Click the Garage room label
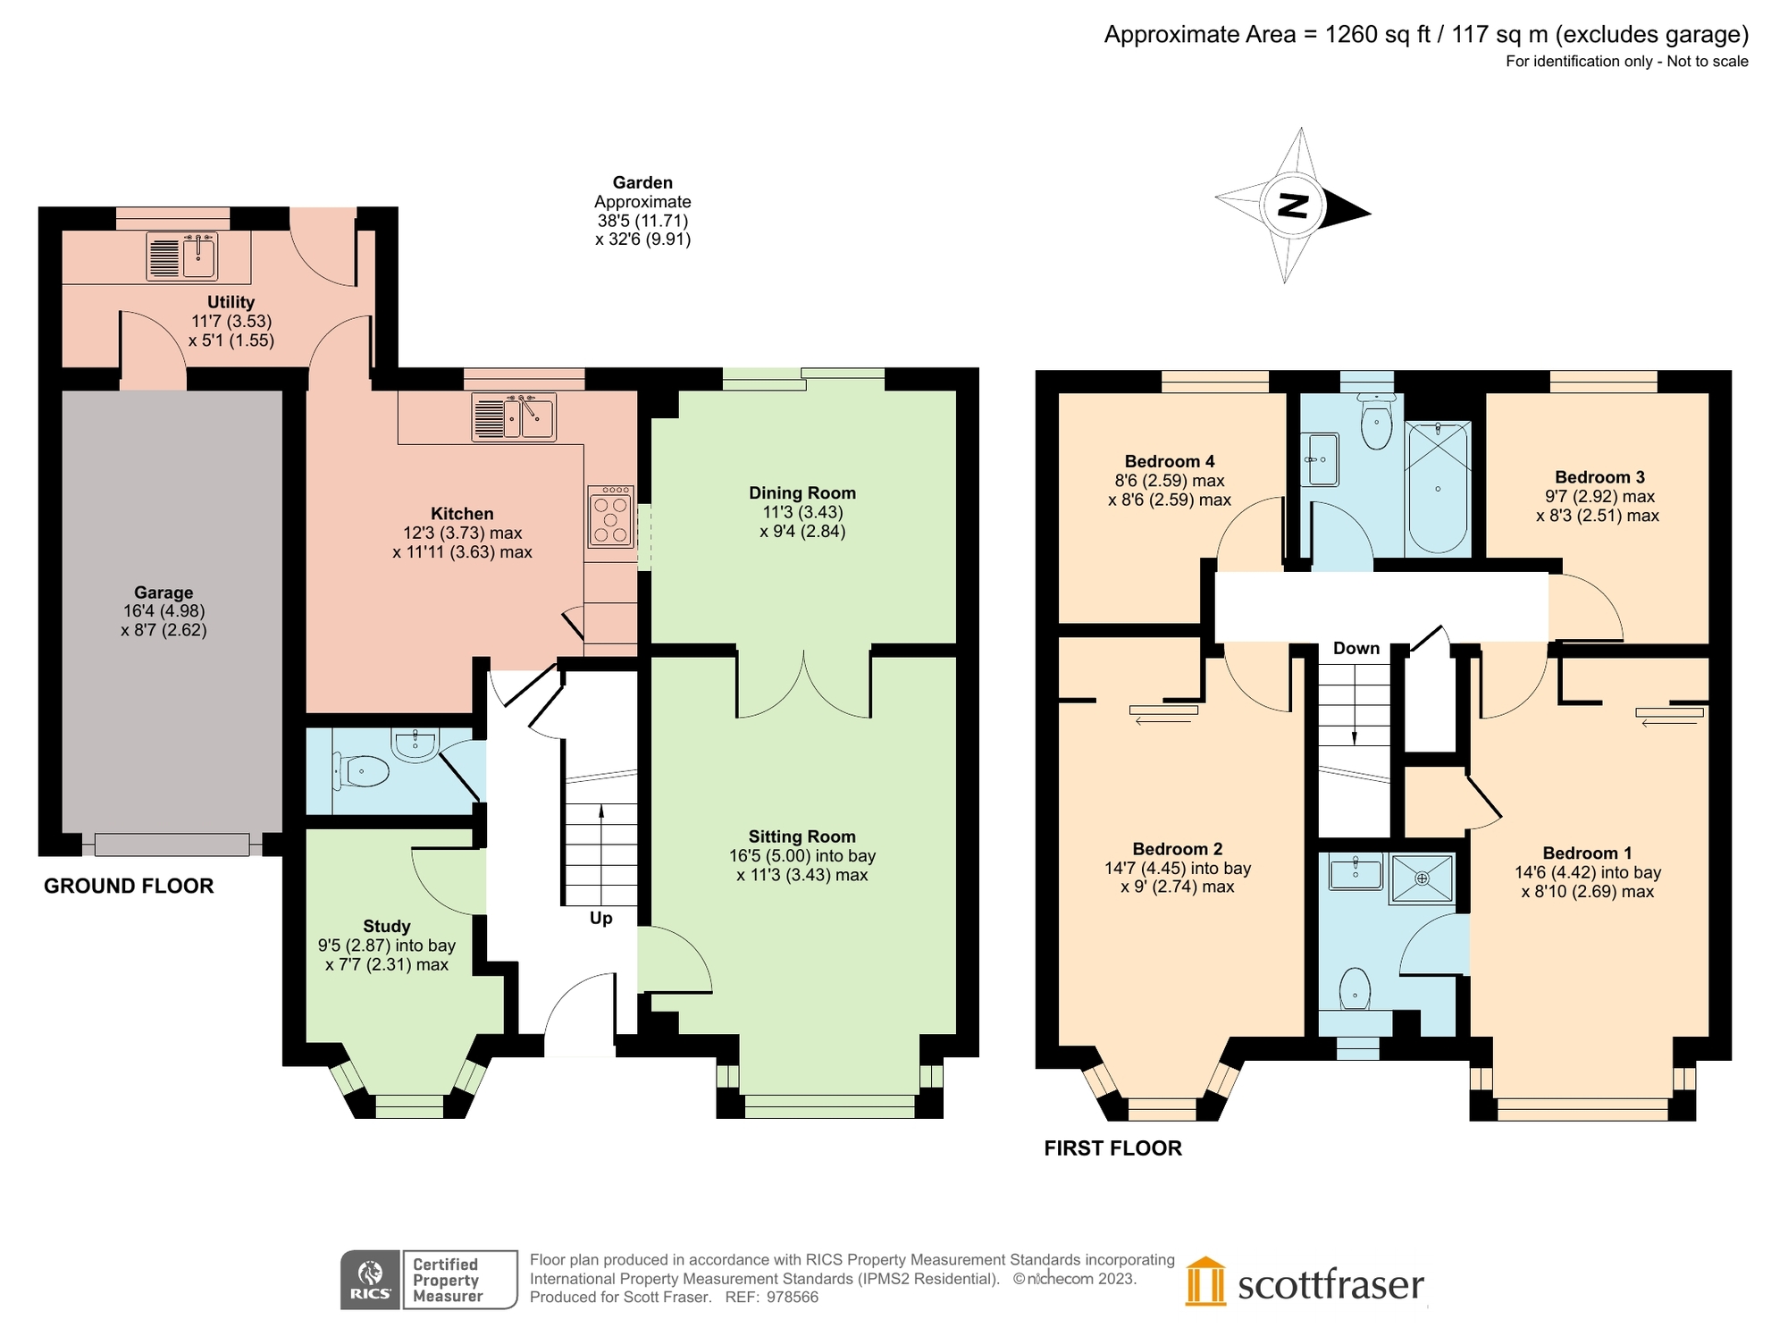coord(164,593)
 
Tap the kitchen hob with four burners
coord(610,517)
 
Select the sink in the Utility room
coord(182,256)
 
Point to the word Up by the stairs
coord(600,919)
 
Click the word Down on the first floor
coord(1356,649)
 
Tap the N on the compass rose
coord(1292,206)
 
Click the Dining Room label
coord(802,493)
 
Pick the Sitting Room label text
coord(802,836)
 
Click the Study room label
coord(386,927)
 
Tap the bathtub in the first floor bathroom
coord(1437,487)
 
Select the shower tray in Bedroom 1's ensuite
coord(1422,878)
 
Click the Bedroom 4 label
coord(1169,462)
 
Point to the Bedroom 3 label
coord(1599,478)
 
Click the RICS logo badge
coord(370,1280)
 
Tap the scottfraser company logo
coord(1305,1283)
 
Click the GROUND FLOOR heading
coord(129,887)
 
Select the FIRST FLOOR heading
coord(1112,1148)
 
